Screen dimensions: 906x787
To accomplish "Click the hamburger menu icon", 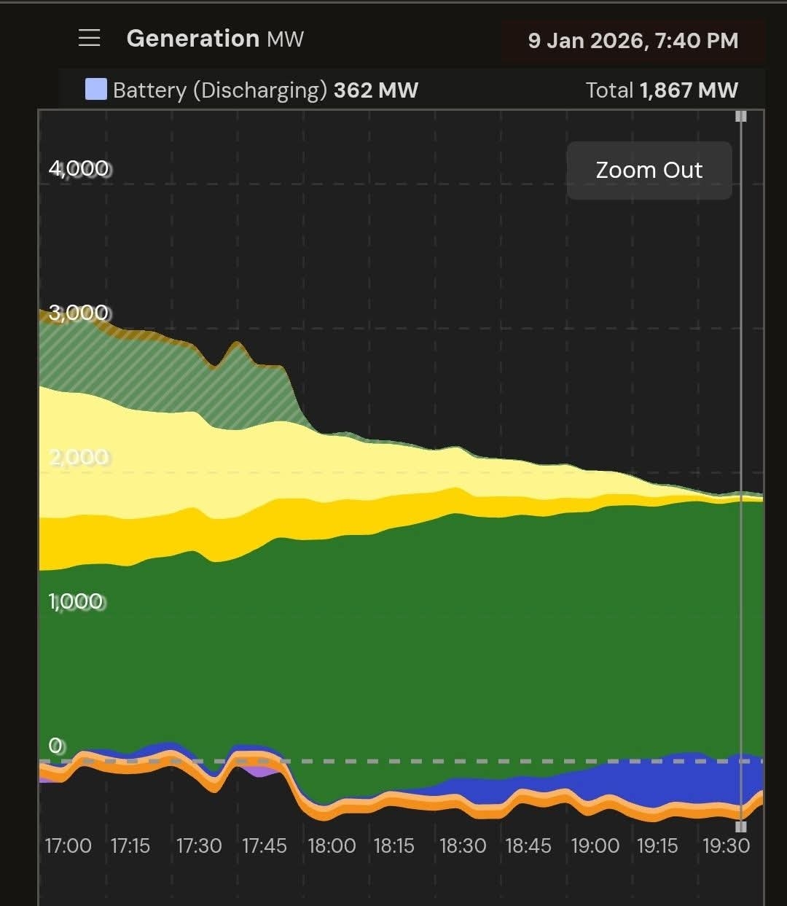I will (x=89, y=38).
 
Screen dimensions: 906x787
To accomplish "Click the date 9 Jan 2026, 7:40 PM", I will (x=633, y=41).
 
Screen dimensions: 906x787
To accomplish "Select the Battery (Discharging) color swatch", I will (x=96, y=90).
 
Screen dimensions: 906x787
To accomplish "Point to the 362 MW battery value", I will (x=375, y=90).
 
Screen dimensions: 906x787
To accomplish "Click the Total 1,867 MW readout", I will (x=662, y=90).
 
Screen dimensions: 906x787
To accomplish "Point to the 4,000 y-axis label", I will (x=79, y=168).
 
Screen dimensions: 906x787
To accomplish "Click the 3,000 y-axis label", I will (x=79, y=313).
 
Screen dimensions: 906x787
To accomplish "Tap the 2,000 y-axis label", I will (x=79, y=457).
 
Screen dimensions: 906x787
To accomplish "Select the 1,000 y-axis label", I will (x=77, y=601).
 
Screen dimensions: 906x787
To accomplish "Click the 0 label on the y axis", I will (x=56, y=746).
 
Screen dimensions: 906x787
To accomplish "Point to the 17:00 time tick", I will (x=68, y=846).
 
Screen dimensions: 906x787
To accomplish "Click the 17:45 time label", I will (x=265, y=846).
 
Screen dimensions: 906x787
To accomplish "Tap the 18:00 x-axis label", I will (x=332, y=846).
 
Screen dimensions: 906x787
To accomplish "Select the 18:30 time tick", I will (x=463, y=846).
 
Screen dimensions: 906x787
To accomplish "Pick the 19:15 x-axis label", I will (x=657, y=846).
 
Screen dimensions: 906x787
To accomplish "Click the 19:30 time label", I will (x=726, y=846).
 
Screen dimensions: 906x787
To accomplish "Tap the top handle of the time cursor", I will (x=741, y=117).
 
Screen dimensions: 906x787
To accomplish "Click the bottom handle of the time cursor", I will (x=741, y=827).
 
